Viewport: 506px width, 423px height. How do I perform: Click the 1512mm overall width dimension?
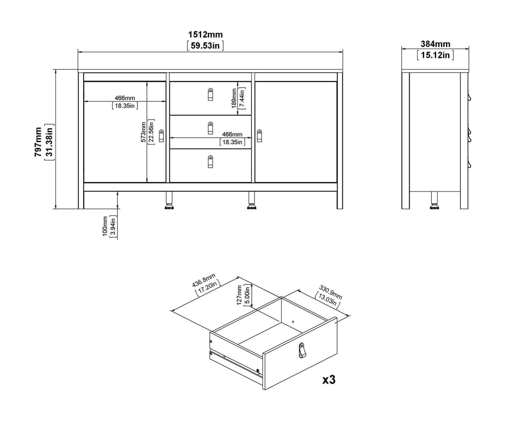[205, 35]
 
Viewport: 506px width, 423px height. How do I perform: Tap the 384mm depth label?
[435, 44]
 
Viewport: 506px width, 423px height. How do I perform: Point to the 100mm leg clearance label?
[105, 226]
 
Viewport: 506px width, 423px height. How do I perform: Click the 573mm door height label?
[143, 132]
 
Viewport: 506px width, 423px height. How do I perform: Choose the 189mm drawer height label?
[234, 98]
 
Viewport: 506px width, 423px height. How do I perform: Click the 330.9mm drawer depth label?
[331, 292]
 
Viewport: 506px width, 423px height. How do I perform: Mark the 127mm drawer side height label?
[239, 295]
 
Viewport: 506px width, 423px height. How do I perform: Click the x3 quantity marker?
[329, 380]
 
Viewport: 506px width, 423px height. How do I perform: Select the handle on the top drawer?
[210, 94]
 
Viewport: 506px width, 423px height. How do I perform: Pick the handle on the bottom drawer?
[210, 161]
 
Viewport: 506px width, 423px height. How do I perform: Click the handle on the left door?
[161, 135]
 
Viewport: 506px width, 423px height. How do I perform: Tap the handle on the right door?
[259, 135]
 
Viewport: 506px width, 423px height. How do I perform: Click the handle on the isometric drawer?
[302, 350]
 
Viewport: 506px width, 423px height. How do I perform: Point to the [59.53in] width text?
[205, 46]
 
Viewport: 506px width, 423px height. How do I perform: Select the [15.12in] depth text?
[435, 55]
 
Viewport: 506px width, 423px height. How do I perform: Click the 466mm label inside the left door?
[125, 98]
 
